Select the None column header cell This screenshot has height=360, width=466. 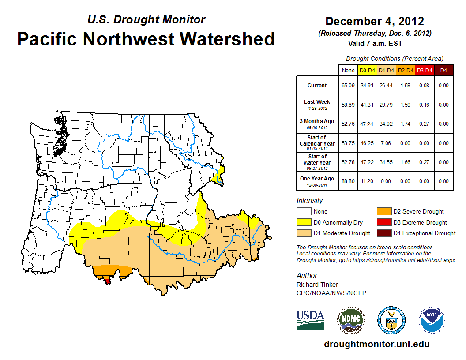coord(348,71)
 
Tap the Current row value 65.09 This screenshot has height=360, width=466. coord(348,86)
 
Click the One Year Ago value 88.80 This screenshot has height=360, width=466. coord(348,181)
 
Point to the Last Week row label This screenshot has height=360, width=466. coord(317,102)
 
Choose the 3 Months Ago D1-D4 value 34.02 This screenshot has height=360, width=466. coord(386,124)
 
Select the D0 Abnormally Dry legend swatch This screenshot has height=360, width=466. coord(303,222)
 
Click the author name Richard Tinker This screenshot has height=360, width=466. coord(317,285)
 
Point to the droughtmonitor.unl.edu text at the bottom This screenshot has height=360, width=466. coord(376,344)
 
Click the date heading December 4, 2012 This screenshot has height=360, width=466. coord(375,21)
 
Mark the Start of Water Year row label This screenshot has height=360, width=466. coord(317,159)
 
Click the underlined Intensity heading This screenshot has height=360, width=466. coord(310,201)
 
